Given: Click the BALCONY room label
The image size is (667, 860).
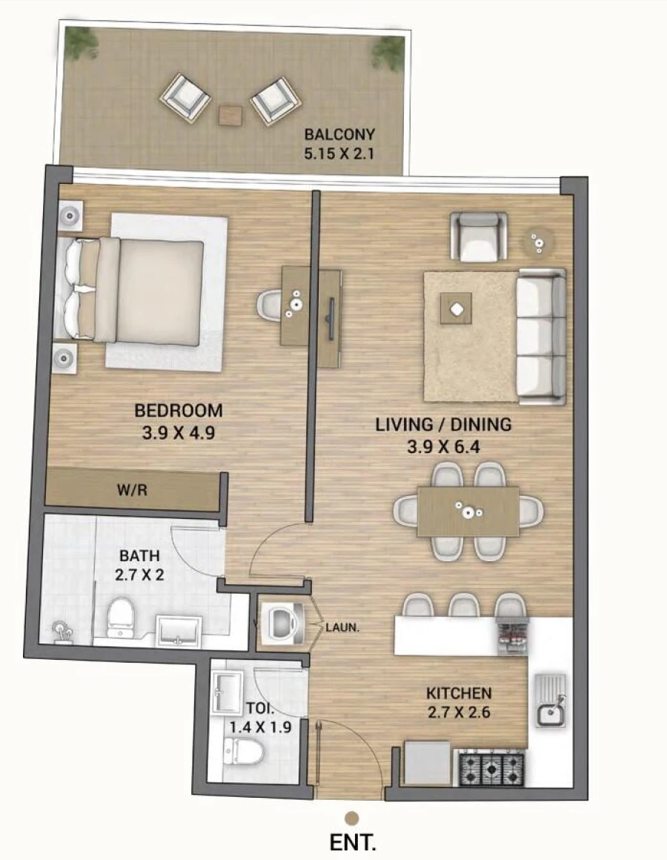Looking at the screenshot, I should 339,135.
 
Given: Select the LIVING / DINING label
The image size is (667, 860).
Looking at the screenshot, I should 443,425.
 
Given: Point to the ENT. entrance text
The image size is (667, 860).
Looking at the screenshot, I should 353,843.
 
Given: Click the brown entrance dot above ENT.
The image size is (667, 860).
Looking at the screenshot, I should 352,817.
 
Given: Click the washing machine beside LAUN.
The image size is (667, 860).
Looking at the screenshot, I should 282,623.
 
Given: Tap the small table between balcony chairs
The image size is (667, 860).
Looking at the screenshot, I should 230,115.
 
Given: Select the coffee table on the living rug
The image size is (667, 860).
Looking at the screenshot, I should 456,308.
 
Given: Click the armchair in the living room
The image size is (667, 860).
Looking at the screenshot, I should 479,236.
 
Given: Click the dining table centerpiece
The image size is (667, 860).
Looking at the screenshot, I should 468,510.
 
